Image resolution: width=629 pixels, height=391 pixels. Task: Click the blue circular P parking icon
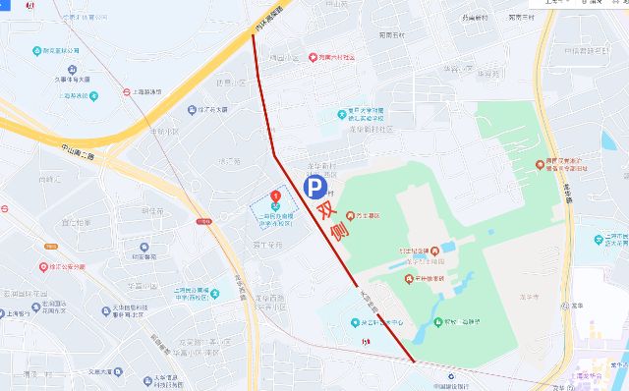[313, 187]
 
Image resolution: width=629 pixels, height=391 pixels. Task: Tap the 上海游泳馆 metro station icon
[127, 91]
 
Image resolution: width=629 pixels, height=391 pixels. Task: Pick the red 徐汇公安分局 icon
[42, 265]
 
